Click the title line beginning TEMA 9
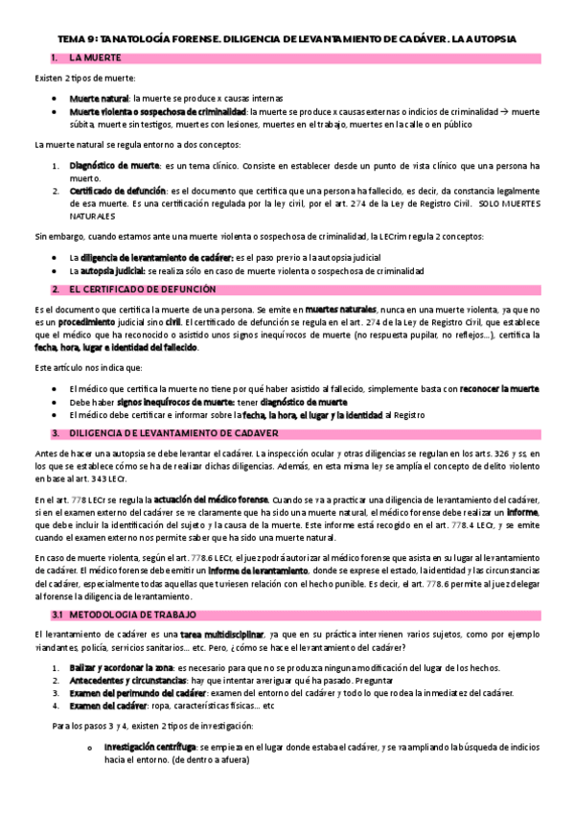[287, 39]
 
